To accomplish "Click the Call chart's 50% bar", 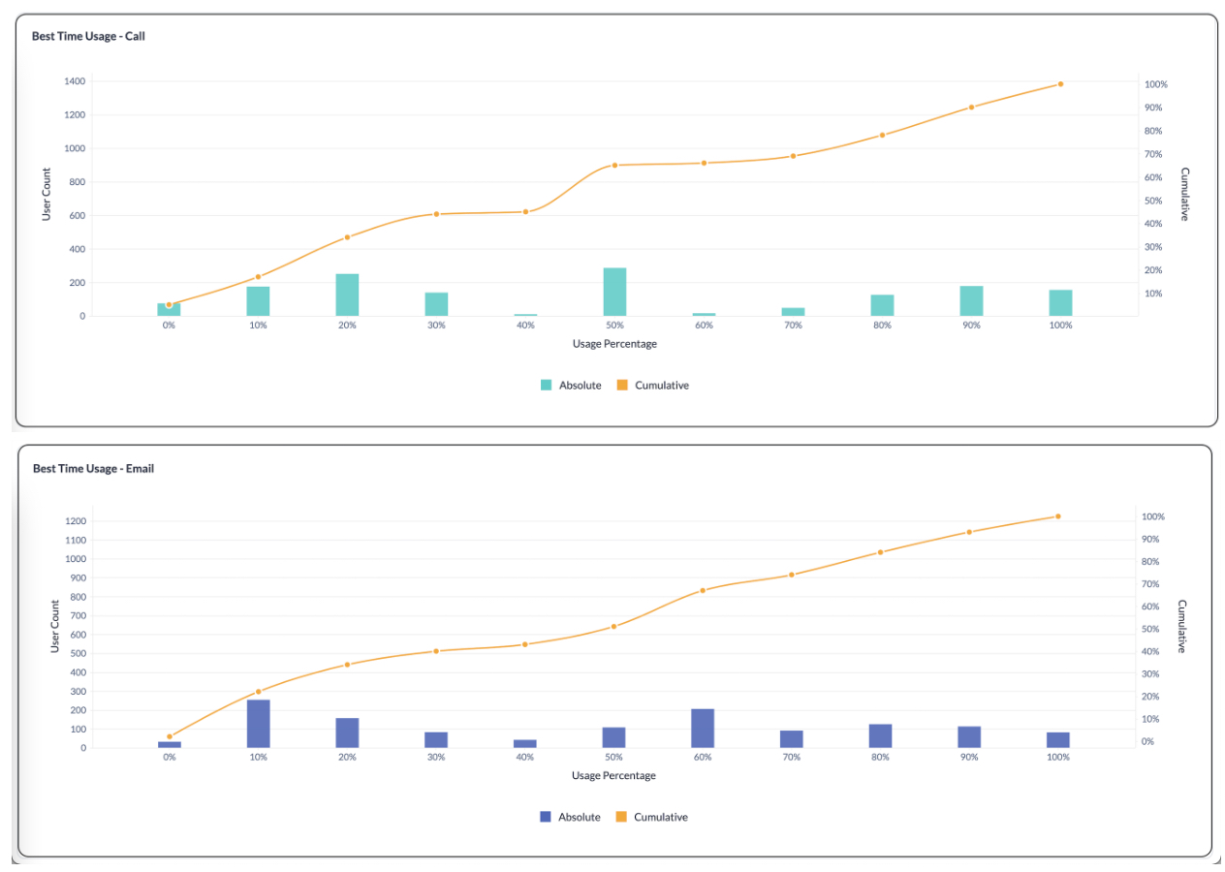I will [x=614, y=292].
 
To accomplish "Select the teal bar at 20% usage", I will [x=347, y=295].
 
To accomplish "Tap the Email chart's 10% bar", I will [x=258, y=724].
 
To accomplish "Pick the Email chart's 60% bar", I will [x=703, y=729].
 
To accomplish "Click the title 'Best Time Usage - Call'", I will [x=88, y=36].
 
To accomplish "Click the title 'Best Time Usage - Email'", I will [x=93, y=468].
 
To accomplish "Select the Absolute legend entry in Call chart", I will [x=571, y=385].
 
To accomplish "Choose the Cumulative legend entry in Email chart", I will [x=651, y=817].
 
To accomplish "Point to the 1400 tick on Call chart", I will [x=75, y=81].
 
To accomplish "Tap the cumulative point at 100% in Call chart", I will [x=1060, y=84].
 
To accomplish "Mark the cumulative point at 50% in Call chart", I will [x=614, y=166].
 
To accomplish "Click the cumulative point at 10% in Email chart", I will [x=258, y=692].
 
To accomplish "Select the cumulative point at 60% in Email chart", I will [x=703, y=590].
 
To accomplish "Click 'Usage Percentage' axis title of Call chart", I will [x=613, y=343].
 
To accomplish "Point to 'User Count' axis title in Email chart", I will [x=55, y=626].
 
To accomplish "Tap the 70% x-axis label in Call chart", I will [x=793, y=326].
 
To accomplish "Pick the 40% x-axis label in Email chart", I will [x=524, y=758].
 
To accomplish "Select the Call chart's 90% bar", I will [x=971, y=300].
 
